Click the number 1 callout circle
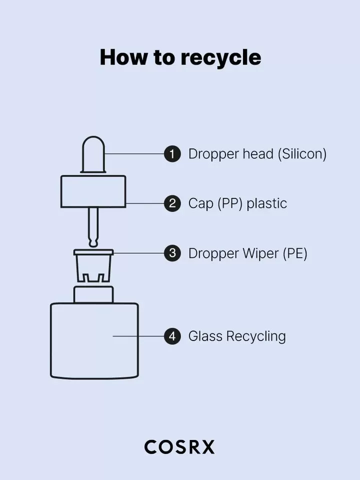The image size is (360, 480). point(172,153)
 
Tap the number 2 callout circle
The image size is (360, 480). point(172,203)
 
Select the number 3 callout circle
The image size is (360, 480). point(172,253)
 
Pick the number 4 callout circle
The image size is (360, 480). point(172,336)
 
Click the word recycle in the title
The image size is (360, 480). point(220,58)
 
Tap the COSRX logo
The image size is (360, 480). point(179,447)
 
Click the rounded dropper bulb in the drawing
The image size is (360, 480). point(93,154)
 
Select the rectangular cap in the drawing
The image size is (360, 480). point(93,191)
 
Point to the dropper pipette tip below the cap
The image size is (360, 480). point(93,227)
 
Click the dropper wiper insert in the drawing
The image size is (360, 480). point(93,265)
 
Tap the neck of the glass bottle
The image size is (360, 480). point(93,294)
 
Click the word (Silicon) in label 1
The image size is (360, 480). point(302,154)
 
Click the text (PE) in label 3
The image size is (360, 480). point(295,253)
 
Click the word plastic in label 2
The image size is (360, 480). point(266,203)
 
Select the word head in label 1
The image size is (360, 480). point(258,153)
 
